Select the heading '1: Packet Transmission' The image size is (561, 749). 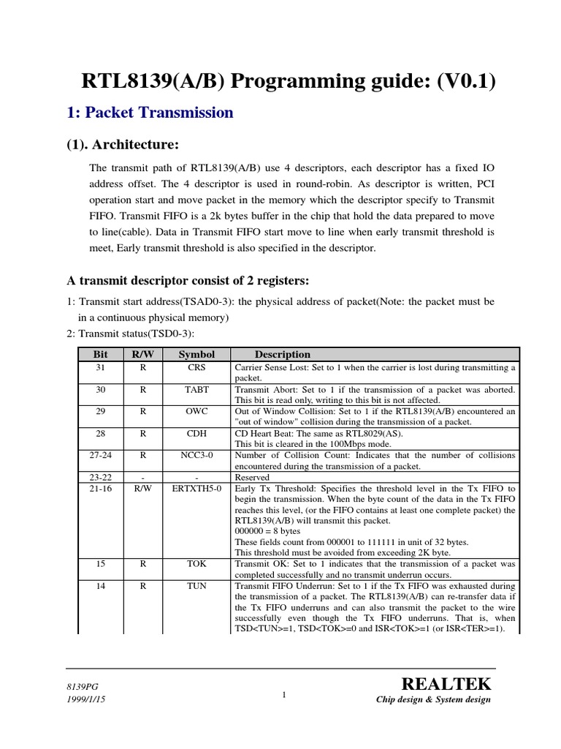[150, 113]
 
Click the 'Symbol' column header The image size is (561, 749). [196, 354]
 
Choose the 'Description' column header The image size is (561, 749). [282, 354]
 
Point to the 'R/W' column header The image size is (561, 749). [142, 354]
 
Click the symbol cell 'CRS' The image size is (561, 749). [196, 367]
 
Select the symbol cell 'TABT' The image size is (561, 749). [196, 389]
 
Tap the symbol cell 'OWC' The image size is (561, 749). [196, 411]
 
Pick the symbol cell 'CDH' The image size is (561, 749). [196, 433]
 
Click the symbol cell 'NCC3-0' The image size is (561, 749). [196, 455]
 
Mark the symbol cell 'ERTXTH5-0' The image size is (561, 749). [196, 488]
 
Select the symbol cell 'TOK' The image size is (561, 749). [196, 564]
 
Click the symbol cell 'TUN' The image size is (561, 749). [196, 586]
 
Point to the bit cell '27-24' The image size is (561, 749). [100, 455]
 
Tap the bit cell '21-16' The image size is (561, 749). [100, 488]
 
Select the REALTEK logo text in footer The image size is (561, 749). [446, 684]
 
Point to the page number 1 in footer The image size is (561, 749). [282, 695]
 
